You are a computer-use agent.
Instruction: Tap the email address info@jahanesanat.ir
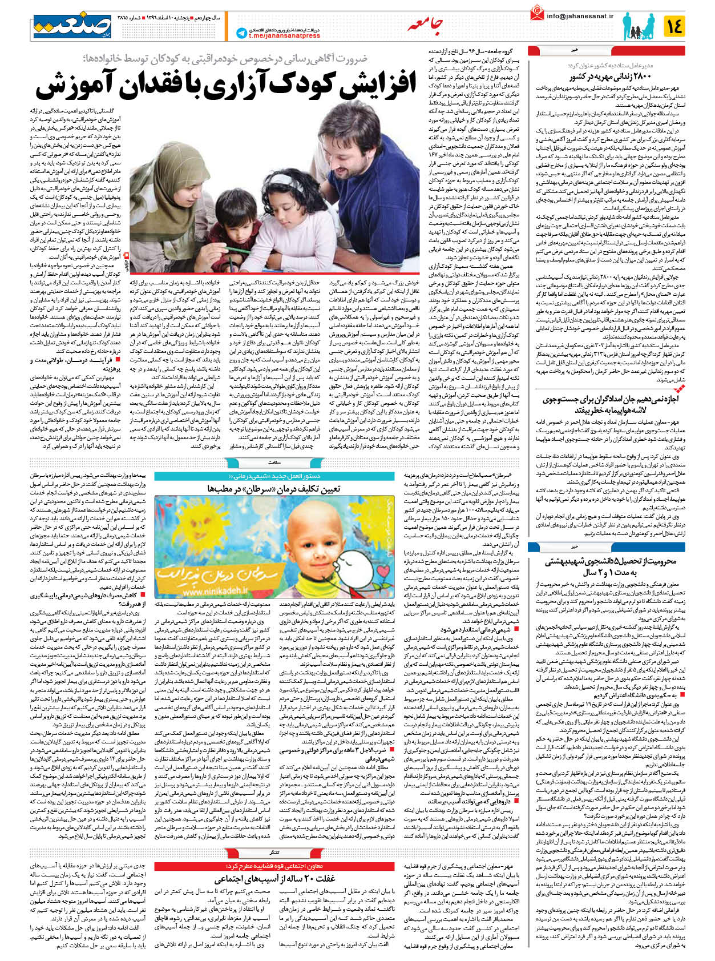580,16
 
